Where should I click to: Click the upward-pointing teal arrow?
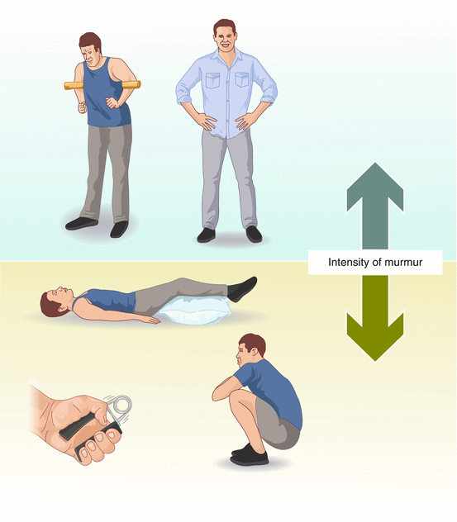click(x=375, y=206)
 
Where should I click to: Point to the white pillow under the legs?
click(x=194, y=311)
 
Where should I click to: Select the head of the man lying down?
click(x=55, y=301)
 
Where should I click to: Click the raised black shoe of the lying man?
click(x=242, y=288)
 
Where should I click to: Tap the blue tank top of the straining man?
click(x=104, y=95)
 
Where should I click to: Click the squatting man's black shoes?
click(x=249, y=455)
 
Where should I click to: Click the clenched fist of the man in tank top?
click(x=82, y=108)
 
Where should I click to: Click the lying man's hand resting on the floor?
click(x=150, y=320)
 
